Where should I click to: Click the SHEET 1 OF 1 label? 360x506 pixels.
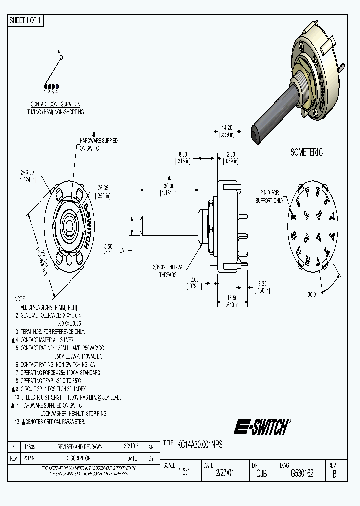pos(26,20)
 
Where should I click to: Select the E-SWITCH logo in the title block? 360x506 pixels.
pos(261,427)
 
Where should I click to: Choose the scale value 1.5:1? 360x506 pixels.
pos(184,473)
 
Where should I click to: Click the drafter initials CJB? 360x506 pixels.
pos(261,473)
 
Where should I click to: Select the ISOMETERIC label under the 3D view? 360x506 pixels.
pos(305,152)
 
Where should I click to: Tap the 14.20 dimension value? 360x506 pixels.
pos(227,128)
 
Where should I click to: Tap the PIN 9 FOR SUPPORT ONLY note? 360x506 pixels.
pos(271,195)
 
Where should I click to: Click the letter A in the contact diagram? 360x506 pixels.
pos(58,52)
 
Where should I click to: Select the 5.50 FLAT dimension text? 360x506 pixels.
pos(111,250)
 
